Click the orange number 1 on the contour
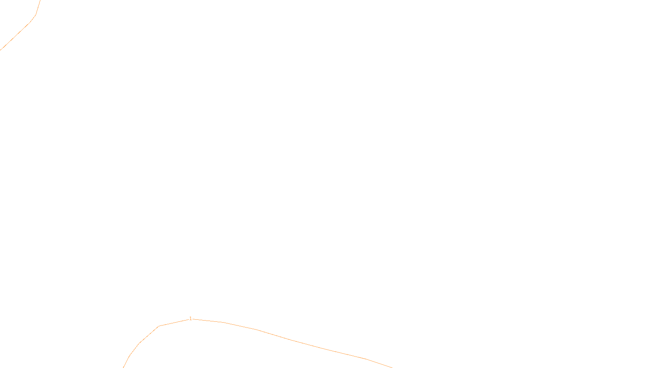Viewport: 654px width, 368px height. (x=190, y=318)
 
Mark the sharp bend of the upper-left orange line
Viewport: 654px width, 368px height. (x=36, y=15)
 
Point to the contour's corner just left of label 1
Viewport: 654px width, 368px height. (x=159, y=326)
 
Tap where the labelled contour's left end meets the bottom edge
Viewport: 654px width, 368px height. (x=123, y=367)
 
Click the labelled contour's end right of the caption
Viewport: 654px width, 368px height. (x=392, y=367)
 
